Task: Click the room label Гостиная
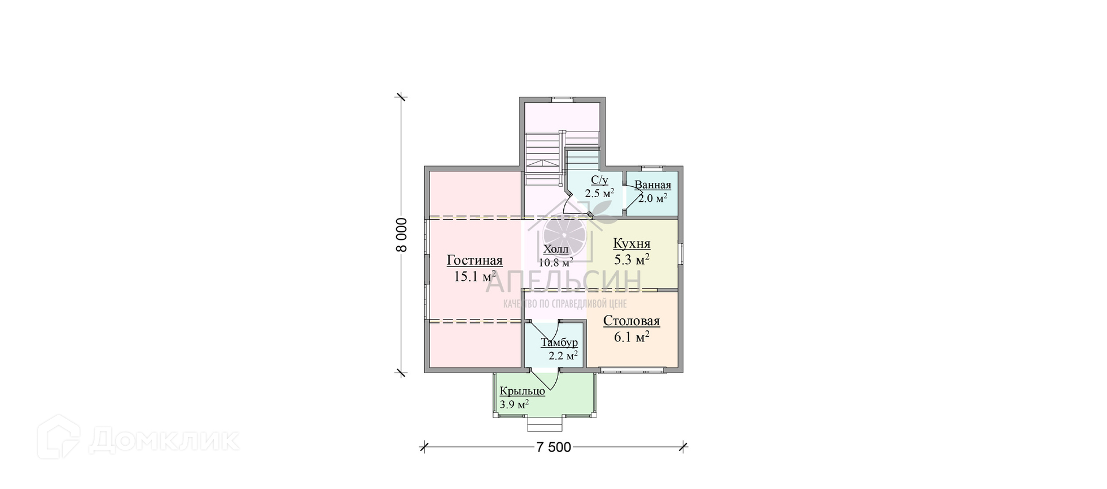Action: [475, 261]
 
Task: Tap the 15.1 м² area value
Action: [475, 276]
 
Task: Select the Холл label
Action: [556, 250]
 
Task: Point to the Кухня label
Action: [631, 243]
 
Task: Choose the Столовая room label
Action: [631, 321]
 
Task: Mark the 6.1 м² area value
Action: [631, 337]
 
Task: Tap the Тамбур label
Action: [559, 343]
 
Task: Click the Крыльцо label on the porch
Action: [522, 392]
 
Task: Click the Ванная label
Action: [653, 185]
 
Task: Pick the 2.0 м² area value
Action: [653, 198]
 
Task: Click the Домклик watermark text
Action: [164, 441]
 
